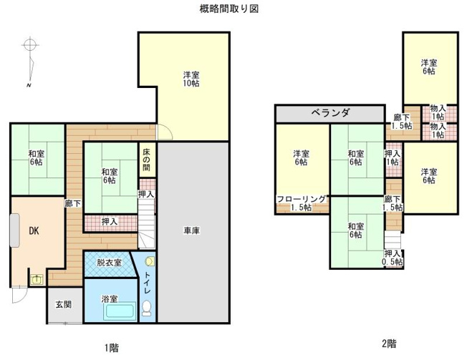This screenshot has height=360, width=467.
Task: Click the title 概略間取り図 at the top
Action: tap(228, 9)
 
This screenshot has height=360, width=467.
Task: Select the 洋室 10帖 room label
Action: tap(191, 79)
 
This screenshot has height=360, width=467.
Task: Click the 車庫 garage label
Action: tap(191, 230)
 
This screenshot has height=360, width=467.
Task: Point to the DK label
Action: tap(33, 230)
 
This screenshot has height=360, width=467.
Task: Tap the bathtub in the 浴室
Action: tap(119, 312)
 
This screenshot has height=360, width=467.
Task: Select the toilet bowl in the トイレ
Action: tap(147, 308)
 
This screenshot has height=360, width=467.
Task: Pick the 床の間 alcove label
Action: tap(146, 158)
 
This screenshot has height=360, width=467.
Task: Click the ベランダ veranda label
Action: tap(330, 113)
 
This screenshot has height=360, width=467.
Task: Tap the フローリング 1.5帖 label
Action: tap(301, 203)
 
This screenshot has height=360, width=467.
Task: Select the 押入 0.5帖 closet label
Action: tap(392, 258)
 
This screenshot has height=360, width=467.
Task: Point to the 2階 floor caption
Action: tap(389, 342)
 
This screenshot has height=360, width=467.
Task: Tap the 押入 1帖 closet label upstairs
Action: tap(392, 157)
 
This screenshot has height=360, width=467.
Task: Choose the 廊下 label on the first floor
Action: tap(72, 203)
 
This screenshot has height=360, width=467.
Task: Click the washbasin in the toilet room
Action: tap(149, 262)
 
